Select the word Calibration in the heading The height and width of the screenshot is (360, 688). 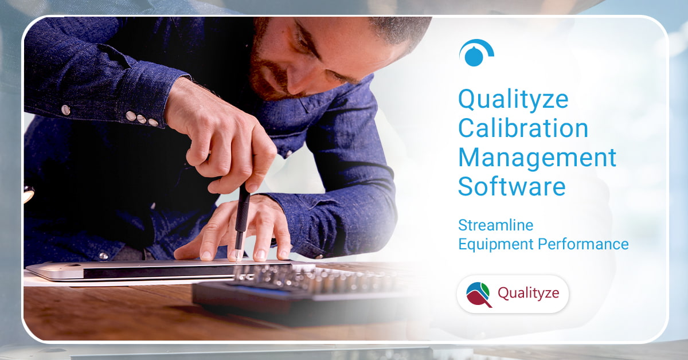click(523, 129)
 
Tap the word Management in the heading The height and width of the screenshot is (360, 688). click(537, 157)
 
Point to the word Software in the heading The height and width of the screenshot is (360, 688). click(511, 186)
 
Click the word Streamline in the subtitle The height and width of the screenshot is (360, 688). click(495, 224)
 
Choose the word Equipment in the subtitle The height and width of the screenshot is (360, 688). click(495, 244)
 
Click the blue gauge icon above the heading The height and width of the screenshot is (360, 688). click(476, 53)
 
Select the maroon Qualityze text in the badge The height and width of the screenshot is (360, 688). click(533, 294)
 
